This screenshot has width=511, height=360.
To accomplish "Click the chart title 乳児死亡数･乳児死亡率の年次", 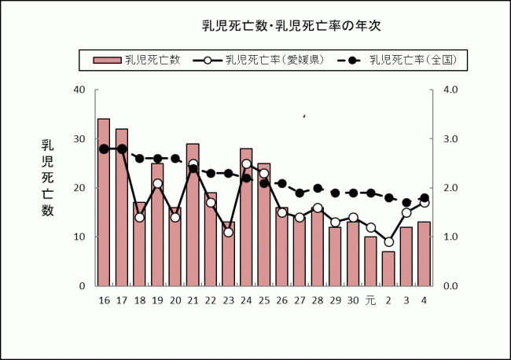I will point(291,27).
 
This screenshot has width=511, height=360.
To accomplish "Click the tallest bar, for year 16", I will point(104,202).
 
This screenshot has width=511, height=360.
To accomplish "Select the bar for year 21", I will point(193,215).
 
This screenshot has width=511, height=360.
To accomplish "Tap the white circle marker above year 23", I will point(228,232).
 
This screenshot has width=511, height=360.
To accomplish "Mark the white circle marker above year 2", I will point(388,241).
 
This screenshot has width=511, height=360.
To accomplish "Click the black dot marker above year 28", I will point(318,188).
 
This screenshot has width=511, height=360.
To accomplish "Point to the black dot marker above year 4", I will point(425,198).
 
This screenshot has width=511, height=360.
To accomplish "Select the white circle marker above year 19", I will point(157,183).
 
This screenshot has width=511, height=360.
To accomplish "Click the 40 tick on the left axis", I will point(79,90).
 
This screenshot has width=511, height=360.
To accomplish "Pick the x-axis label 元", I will point(370,299).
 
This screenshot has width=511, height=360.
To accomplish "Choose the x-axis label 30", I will point(353,299).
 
